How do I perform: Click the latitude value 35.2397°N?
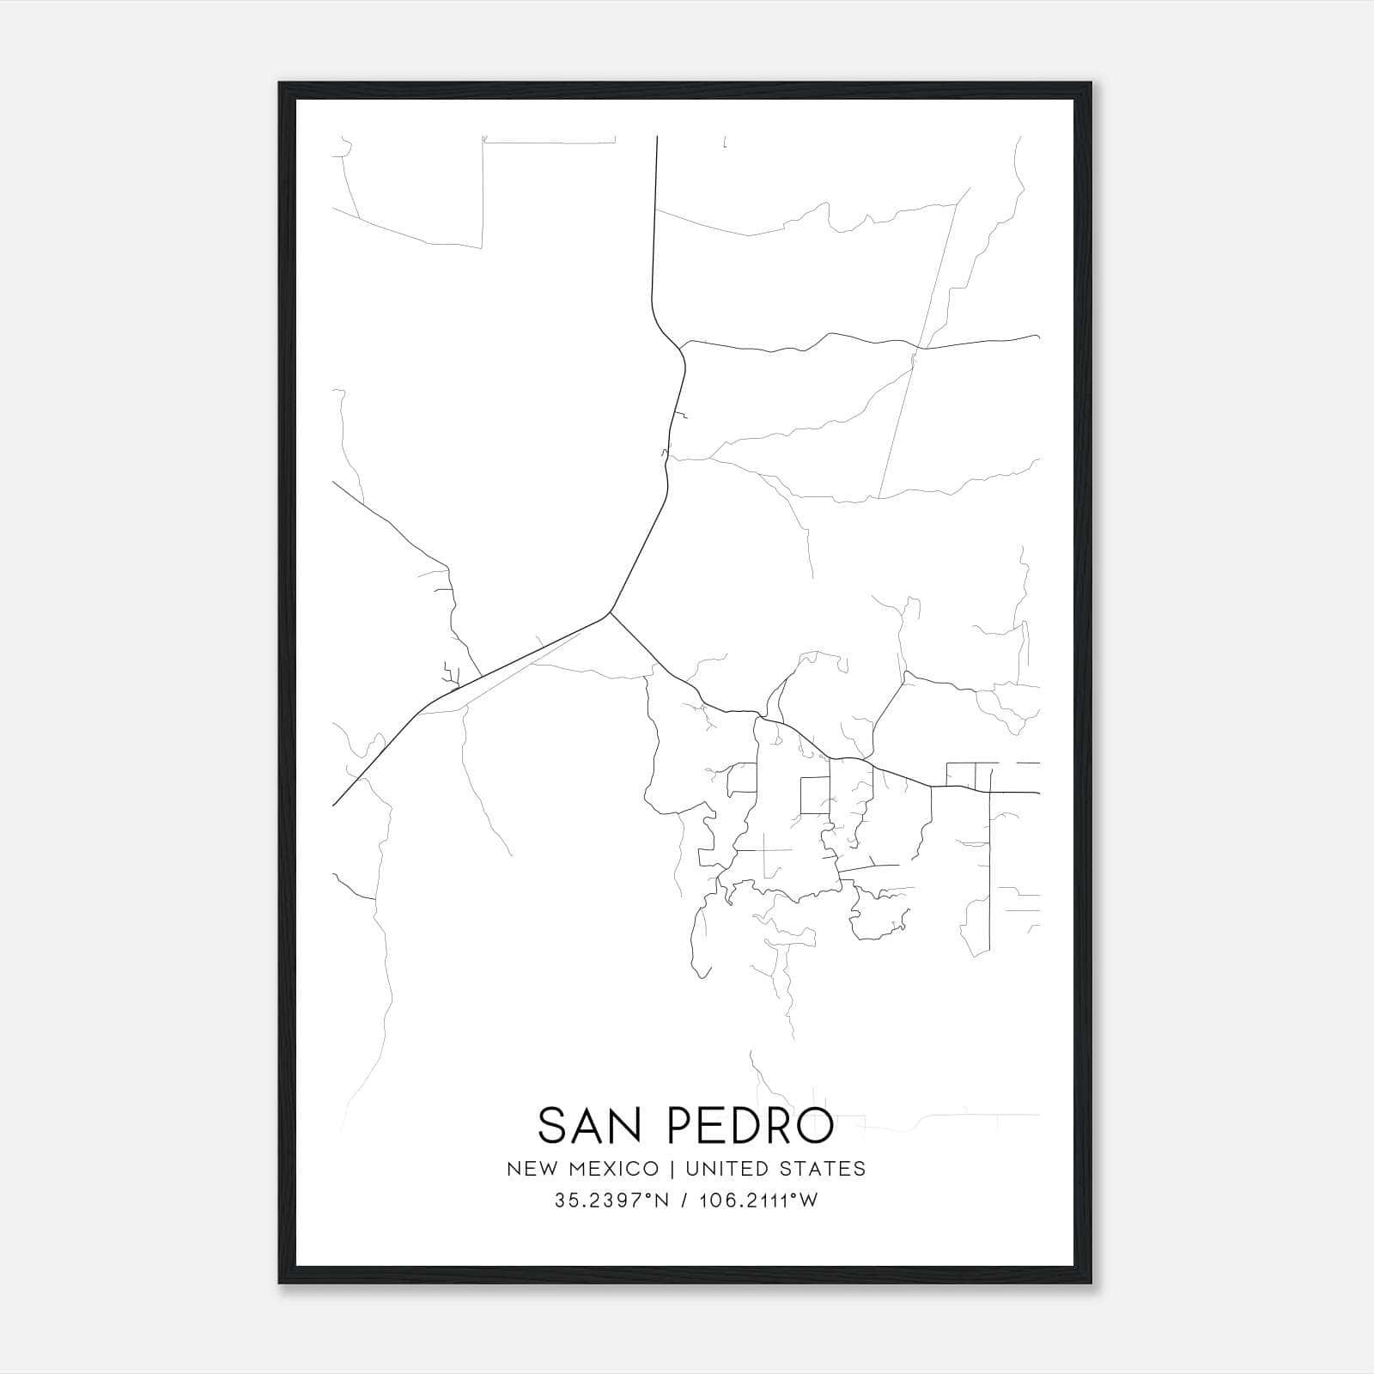(611, 1201)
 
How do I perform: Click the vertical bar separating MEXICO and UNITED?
(673, 1169)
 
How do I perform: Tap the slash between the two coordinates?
(684, 1201)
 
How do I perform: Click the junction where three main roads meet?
(610, 612)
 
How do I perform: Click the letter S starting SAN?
(553, 1125)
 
